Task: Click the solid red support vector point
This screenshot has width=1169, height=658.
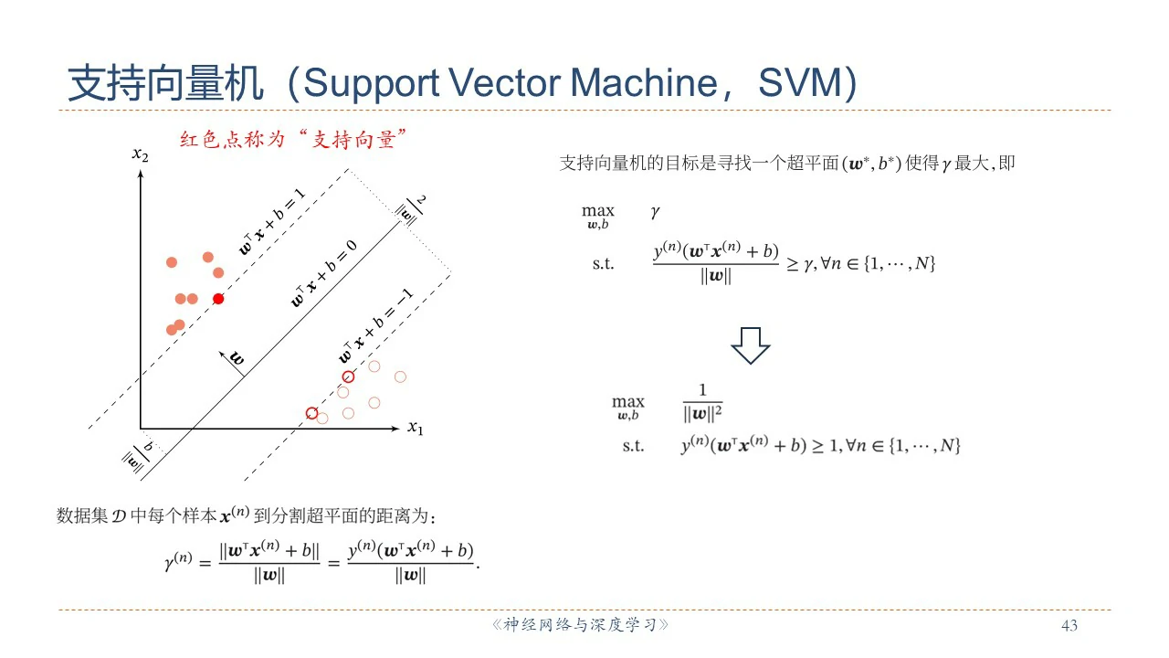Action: coord(218,299)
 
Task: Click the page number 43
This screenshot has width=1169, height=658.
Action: coord(1069,625)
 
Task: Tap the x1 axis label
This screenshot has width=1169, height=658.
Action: coord(416,428)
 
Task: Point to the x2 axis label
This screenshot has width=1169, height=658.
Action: coord(140,154)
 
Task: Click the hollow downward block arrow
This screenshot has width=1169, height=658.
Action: coord(751,345)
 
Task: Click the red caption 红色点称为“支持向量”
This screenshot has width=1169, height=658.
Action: coord(293,140)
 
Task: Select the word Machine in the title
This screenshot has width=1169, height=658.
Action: coord(644,82)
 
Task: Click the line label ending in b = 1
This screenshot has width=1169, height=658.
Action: coord(272,221)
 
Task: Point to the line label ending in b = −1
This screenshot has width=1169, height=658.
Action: coord(375,326)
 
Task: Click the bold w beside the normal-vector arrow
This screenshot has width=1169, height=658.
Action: coord(237,358)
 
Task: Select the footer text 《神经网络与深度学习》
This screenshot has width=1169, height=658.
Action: coord(580,624)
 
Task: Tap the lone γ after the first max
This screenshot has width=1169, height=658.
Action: coord(656,212)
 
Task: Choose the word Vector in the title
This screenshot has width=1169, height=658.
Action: coord(504,82)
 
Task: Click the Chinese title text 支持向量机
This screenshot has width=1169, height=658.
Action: coord(166,83)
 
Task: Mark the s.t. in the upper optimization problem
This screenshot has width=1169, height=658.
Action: coord(604,264)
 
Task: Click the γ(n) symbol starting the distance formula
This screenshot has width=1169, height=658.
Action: coord(178,561)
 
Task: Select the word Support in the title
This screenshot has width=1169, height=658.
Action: coord(372,83)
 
